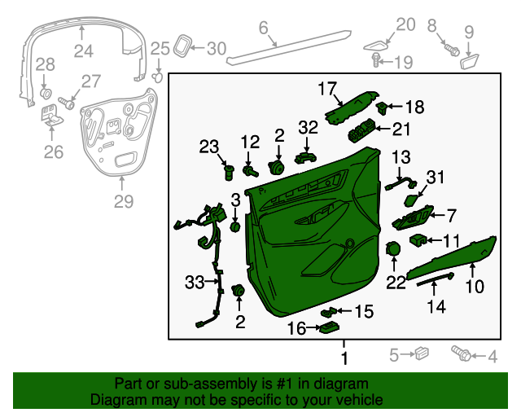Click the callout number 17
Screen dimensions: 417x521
[326, 88]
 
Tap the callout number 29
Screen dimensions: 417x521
[123, 201]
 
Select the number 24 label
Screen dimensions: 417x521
[84, 52]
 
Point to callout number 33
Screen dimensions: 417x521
[195, 283]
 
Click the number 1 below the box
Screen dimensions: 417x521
[344, 358]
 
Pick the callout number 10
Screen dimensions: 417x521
[474, 286]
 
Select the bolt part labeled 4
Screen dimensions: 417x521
[461, 354]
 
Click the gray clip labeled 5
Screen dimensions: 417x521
[421, 353]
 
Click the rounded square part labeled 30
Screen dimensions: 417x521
[184, 46]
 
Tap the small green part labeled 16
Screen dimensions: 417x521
[330, 327]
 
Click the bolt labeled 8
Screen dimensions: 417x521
[449, 50]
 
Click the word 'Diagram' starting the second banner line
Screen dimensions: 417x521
[114, 400]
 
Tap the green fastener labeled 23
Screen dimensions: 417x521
[230, 172]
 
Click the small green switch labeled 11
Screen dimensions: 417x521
[418, 239]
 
